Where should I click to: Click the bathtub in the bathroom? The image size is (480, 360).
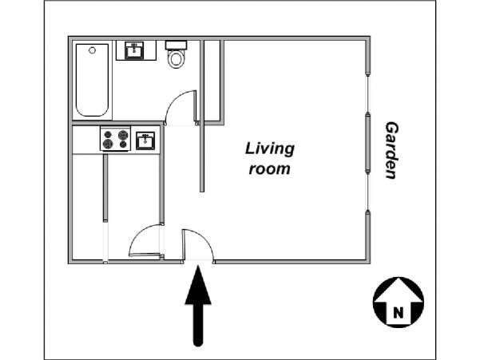92,80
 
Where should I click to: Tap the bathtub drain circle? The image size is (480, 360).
92,50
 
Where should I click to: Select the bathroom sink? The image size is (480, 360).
134,50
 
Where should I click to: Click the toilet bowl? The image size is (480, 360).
176,59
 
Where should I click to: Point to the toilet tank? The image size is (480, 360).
176,45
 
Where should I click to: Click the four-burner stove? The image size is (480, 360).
116,139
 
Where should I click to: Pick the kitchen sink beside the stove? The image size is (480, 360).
145,140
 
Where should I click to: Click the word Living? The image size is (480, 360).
270,149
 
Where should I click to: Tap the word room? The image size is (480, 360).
269,169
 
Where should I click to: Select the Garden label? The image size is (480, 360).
391,150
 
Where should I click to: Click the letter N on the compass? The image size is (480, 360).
398,313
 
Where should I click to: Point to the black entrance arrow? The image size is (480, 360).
198,306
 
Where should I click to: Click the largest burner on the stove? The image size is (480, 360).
123,135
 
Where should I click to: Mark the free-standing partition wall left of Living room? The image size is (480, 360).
202,117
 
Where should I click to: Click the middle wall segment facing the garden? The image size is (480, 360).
368,143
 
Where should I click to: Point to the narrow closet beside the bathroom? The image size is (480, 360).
212,81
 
